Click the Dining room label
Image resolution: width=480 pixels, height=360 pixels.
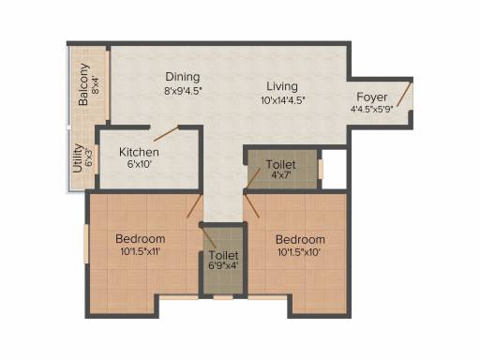click(183, 77)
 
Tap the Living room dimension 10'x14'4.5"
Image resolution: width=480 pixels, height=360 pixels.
click(283, 100)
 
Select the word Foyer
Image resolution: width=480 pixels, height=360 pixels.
click(372, 97)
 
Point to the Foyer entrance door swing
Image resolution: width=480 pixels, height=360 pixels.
click(403, 94)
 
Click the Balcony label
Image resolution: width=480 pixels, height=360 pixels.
click(83, 84)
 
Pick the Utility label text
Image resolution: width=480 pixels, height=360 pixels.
click(77, 158)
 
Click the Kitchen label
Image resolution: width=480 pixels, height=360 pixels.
click(139, 152)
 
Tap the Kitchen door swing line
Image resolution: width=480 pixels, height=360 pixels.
click(166, 133)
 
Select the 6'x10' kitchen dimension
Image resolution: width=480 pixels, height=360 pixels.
click(140, 164)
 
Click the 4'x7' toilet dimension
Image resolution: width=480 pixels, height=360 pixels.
click(281, 175)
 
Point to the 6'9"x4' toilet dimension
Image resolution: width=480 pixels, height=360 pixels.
click(223, 266)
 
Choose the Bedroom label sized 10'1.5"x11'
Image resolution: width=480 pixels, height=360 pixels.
click(141, 239)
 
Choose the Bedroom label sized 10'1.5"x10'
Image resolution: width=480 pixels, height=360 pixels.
click(300, 240)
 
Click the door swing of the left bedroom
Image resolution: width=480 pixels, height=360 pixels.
click(194, 205)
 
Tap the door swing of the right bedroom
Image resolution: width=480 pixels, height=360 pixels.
click(251, 205)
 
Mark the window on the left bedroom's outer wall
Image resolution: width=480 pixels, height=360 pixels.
click(86, 244)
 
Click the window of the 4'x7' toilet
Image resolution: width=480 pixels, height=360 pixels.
click(321, 170)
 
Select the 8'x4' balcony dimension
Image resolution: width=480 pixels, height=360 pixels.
click(96, 84)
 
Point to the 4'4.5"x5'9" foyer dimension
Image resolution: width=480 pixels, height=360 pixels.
click(371, 110)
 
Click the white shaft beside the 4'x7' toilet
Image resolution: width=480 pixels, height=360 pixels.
click(335, 169)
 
